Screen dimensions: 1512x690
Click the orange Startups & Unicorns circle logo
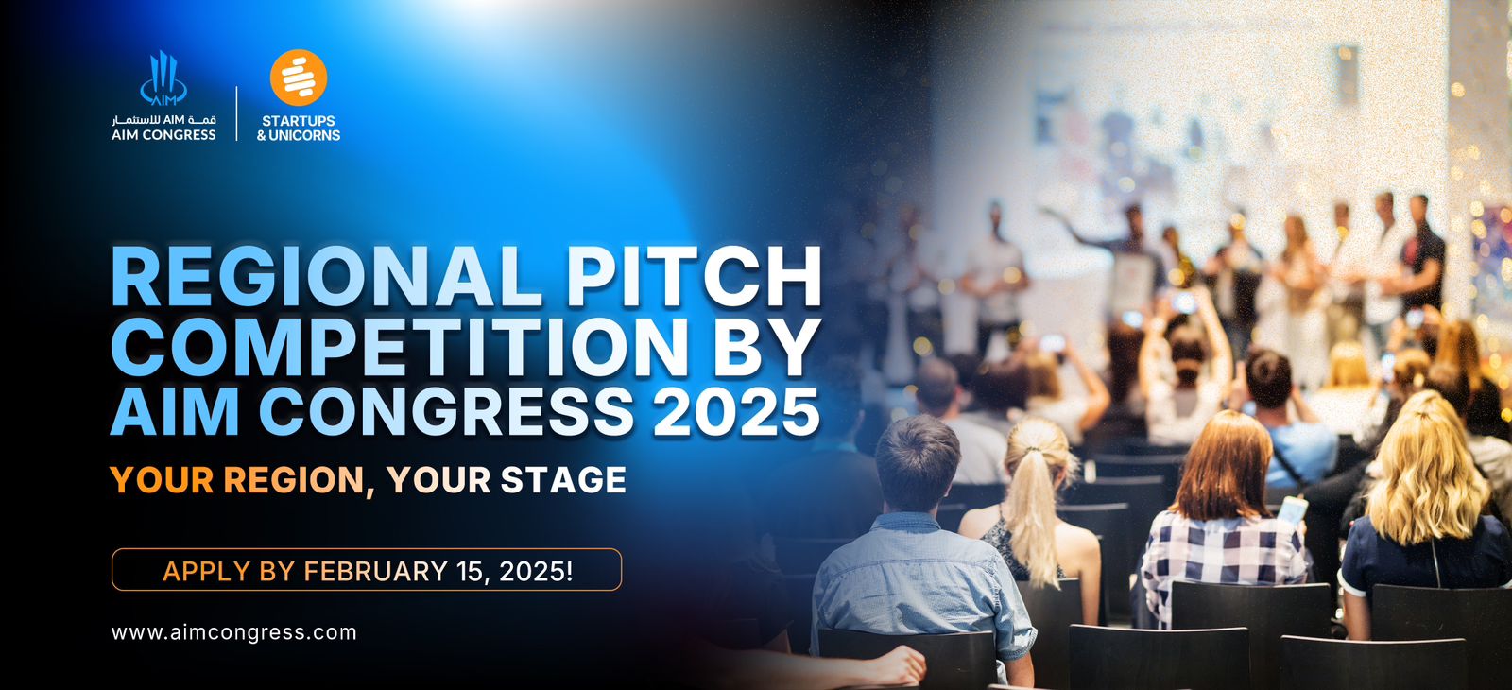click(x=299, y=78)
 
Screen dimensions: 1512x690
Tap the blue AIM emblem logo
click(x=163, y=78)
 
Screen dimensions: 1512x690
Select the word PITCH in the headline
click(x=694, y=278)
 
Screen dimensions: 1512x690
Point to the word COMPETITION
click(x=398, y=346)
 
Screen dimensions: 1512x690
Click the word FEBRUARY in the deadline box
click(x=375, y=571)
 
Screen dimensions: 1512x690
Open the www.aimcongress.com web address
click(x=234, y=632)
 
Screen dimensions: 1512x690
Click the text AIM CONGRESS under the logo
click(x=164, y=134)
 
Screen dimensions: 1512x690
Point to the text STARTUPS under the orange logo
click(x=299, y=120)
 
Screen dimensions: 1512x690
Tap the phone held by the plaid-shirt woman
click(x=1291, y=510)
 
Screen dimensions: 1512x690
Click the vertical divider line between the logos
click(x=237, y=113)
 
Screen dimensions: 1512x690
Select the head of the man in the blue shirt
click(x=917, y=463)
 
